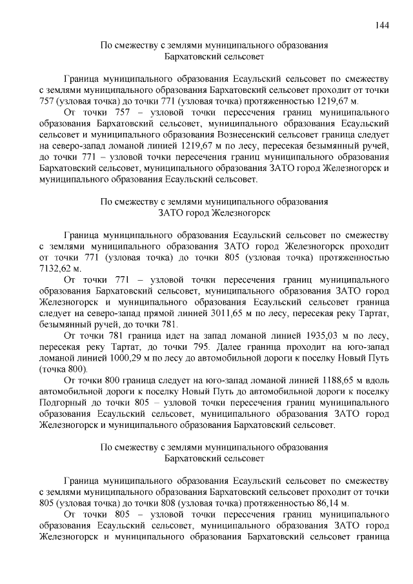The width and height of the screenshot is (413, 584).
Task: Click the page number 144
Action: pos(381,25)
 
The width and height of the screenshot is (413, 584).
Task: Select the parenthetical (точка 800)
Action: pos(63,368)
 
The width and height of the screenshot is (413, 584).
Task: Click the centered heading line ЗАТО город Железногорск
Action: pos(215,212)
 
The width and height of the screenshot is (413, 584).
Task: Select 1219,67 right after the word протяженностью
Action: pos(334,101)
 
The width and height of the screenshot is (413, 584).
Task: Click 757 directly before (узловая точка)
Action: pos(48,101)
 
